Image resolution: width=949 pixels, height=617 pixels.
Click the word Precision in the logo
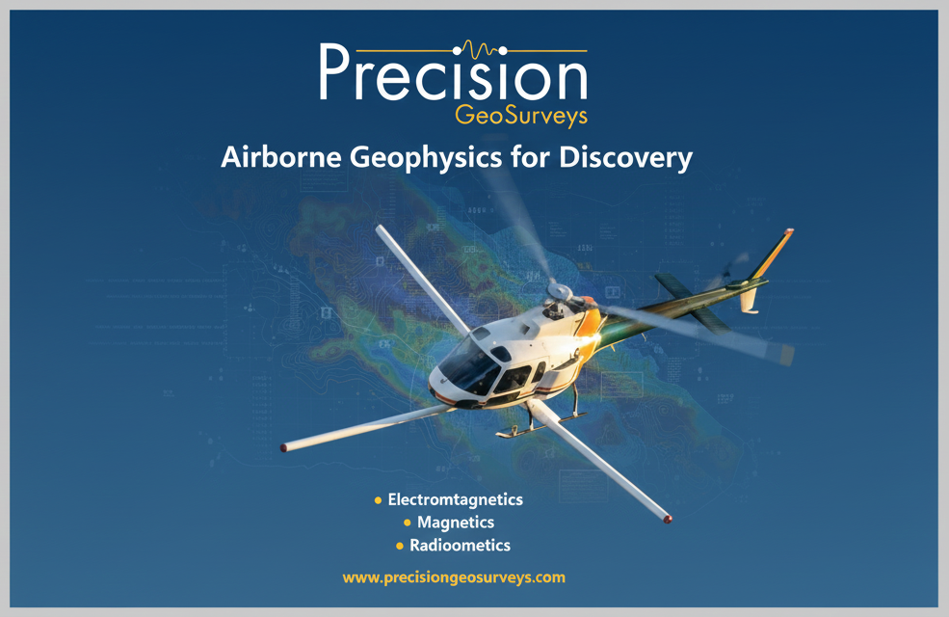[x=453, y=72]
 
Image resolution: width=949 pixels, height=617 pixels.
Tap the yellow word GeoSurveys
[x=521, y=116]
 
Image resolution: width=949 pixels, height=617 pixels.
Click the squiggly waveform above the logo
[x=480, y=49]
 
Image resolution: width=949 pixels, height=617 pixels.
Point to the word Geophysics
[x=426, y=158]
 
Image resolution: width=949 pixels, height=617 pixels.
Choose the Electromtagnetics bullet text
[x=455, y=499]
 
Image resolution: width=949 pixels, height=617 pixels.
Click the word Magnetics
[x=456, y=522]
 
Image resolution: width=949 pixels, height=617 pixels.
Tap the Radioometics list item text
[x=460, y=545]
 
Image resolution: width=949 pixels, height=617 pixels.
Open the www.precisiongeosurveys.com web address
[x=454, y=577]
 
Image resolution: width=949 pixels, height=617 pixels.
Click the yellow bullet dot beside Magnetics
[x=408, y=523]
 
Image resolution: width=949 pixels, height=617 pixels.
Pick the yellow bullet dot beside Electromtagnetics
[x=379, y=500]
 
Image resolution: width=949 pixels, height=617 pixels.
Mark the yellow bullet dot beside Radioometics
[x=400, y=546]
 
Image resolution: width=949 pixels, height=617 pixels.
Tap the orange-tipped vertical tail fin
[x=772, y=254]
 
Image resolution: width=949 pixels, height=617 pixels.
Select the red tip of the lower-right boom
[x=668, y=519]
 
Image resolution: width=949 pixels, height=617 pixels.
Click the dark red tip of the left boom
[x=283, y=448]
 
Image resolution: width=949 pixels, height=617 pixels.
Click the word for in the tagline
[x=530, y=157]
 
